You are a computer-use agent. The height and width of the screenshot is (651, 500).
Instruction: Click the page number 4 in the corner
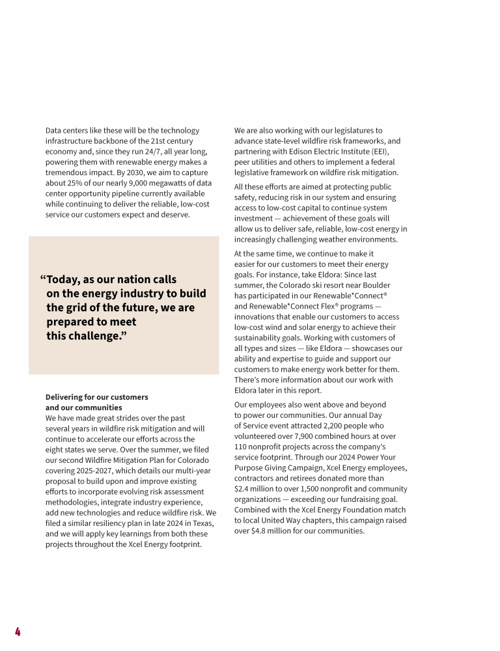pos(18,631)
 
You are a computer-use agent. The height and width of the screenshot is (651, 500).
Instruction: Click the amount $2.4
pos(243,489)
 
